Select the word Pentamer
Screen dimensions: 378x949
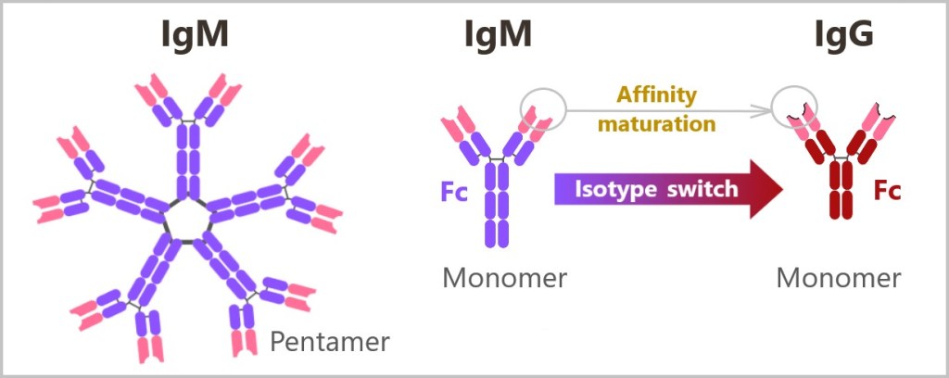tap(330, 342)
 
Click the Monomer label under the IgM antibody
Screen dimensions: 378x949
tap(504, 277)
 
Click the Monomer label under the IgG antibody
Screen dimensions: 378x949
tap(839, 277)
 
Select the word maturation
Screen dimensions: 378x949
tap(656, 121)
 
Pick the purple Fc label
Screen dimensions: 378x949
tap(457, 196)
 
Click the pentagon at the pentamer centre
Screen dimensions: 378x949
tap(187, 218)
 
